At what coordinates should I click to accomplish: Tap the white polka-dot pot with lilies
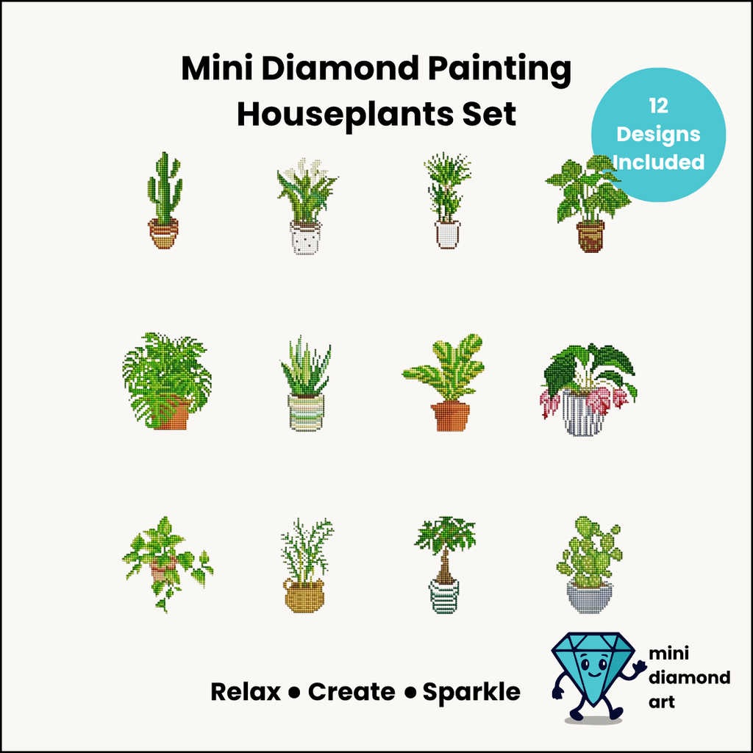[305, 238]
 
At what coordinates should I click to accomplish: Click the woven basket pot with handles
[304, 595]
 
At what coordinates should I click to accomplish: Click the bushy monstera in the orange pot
[167, 380]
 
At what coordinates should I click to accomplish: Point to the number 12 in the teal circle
[658, 106]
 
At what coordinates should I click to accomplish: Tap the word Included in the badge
[658, 162]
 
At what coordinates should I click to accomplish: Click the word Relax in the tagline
[246, 692]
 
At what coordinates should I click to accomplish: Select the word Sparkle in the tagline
[471, 692]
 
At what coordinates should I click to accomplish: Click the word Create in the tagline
[351, 692]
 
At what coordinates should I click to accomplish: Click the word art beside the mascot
[661, 702]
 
